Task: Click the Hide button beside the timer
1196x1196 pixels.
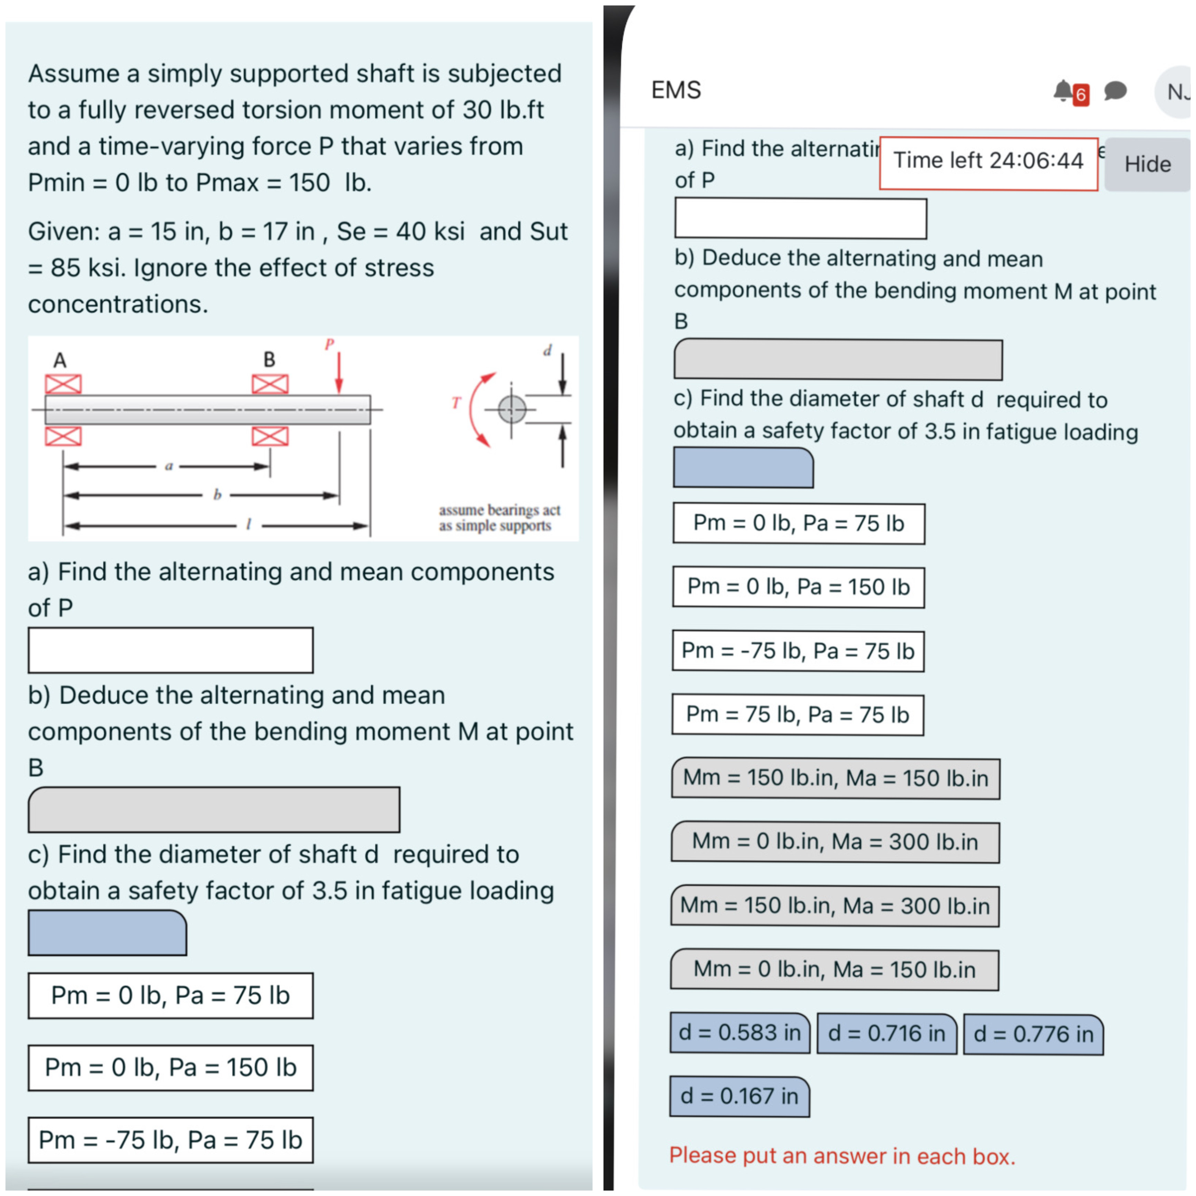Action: pos(1147,164)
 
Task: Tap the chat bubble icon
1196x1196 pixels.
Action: pos(1116,91)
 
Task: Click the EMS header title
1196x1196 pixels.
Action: pos(676,90)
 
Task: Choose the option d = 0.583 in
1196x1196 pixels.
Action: pos(740,1033)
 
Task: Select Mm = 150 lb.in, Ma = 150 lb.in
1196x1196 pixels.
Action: pos(835,778)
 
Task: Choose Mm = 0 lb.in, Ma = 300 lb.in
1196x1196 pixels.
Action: pos(835,842)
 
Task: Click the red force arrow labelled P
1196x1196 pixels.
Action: pos(339,372)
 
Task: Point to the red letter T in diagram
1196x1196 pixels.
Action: pos(456,403)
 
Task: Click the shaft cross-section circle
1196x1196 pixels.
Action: pos(512,409)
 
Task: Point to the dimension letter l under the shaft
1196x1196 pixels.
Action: pos(248,525)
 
